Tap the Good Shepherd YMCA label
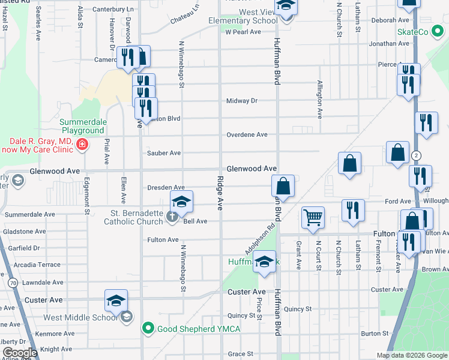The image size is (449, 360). (x=191, y=328)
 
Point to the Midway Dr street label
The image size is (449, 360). (x=242, y=101)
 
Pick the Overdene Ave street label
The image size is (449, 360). (x=247, y=134)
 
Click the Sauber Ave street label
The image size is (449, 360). (x=164, y=153)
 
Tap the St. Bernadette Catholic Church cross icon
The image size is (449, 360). (x=172, y=217)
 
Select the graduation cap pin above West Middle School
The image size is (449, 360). (x=116, y=300)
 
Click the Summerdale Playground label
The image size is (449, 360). (x=82, y=126)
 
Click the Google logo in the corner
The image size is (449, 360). (x=20, y=353)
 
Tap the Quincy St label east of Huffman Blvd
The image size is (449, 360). (x=298, y=309)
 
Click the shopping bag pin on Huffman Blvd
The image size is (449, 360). (x=283, y=186)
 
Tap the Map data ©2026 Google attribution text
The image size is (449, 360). (x=411, y=355)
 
